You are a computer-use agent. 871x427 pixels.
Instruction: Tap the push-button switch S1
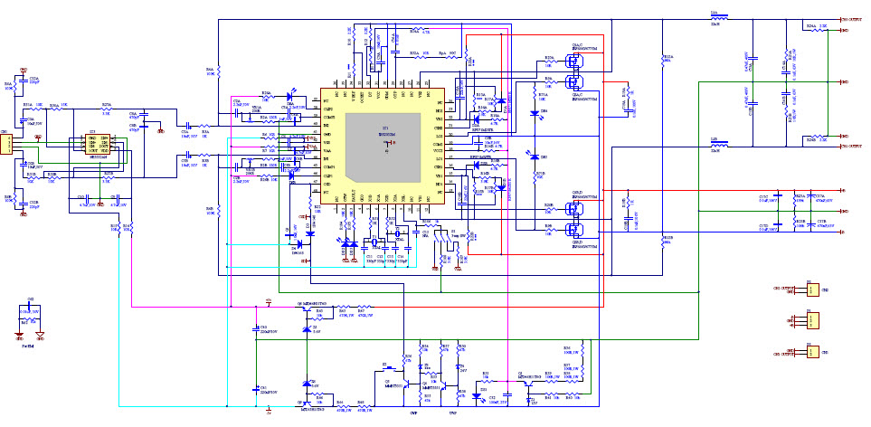[384, 368]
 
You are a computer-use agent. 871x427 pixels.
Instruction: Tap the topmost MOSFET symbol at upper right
[571, 62]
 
